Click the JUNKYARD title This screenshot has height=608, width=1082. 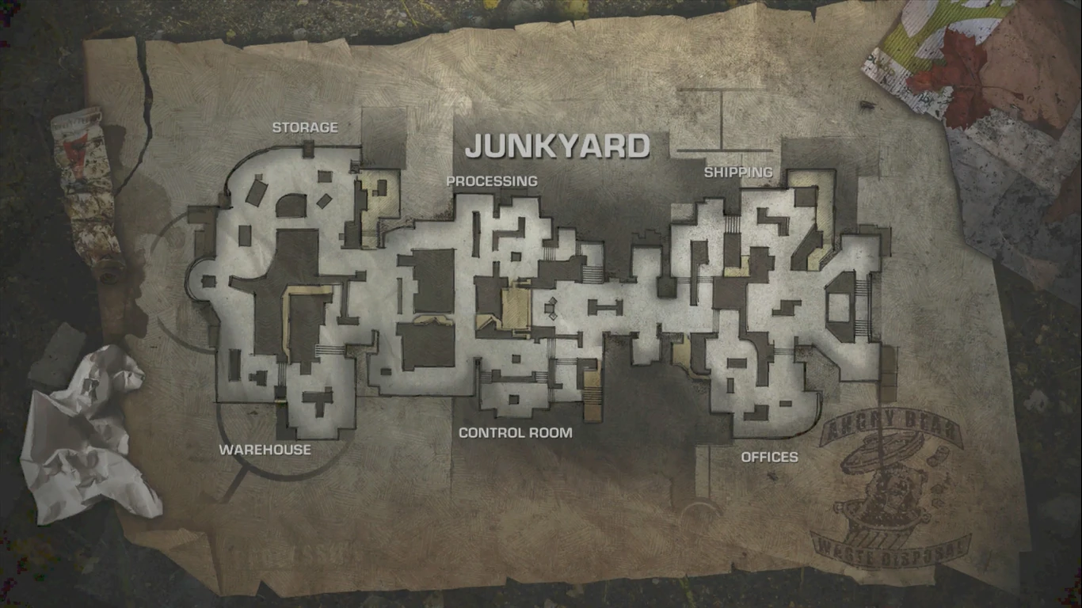click(x=557, y=146)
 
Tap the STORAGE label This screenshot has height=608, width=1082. click(x=305, y=127)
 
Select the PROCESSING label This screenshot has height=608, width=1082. click(x=491, y=181)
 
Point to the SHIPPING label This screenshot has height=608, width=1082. click(x=738, y=172)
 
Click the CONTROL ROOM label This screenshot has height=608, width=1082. click(x=515, y=433)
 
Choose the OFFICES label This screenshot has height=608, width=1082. click(x=769, y=457)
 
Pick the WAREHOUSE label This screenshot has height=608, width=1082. click(x=265, y=450)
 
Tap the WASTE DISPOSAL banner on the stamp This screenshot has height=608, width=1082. click(x=890, y=549)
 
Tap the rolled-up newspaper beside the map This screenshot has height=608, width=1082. click(x=87, y=190)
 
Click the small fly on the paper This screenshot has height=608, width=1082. click(x=867, y=104)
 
